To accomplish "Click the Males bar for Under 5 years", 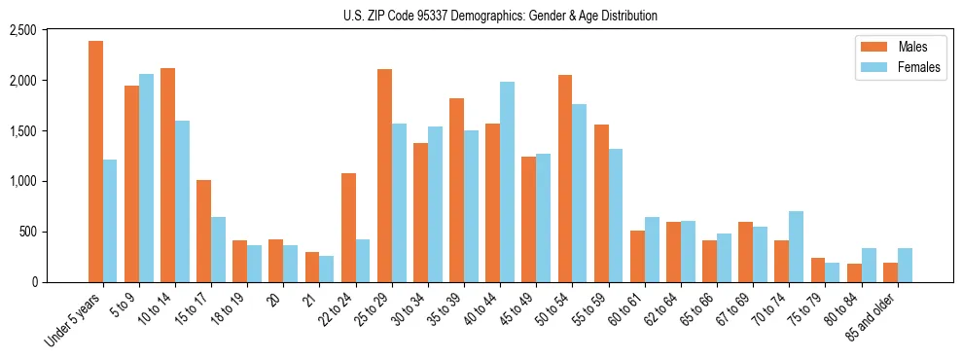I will point(95,162).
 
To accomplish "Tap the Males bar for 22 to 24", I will point(348,228).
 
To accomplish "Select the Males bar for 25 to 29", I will point(384,175).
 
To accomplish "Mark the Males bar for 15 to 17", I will point(203,231).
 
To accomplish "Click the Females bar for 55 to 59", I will point(615,215).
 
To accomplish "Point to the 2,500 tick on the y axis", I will point(50,30).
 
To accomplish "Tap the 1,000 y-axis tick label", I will point(50,181).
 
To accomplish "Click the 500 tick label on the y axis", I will point(54,232).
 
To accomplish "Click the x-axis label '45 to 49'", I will point(521,308).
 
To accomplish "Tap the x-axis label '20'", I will point(273,297).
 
